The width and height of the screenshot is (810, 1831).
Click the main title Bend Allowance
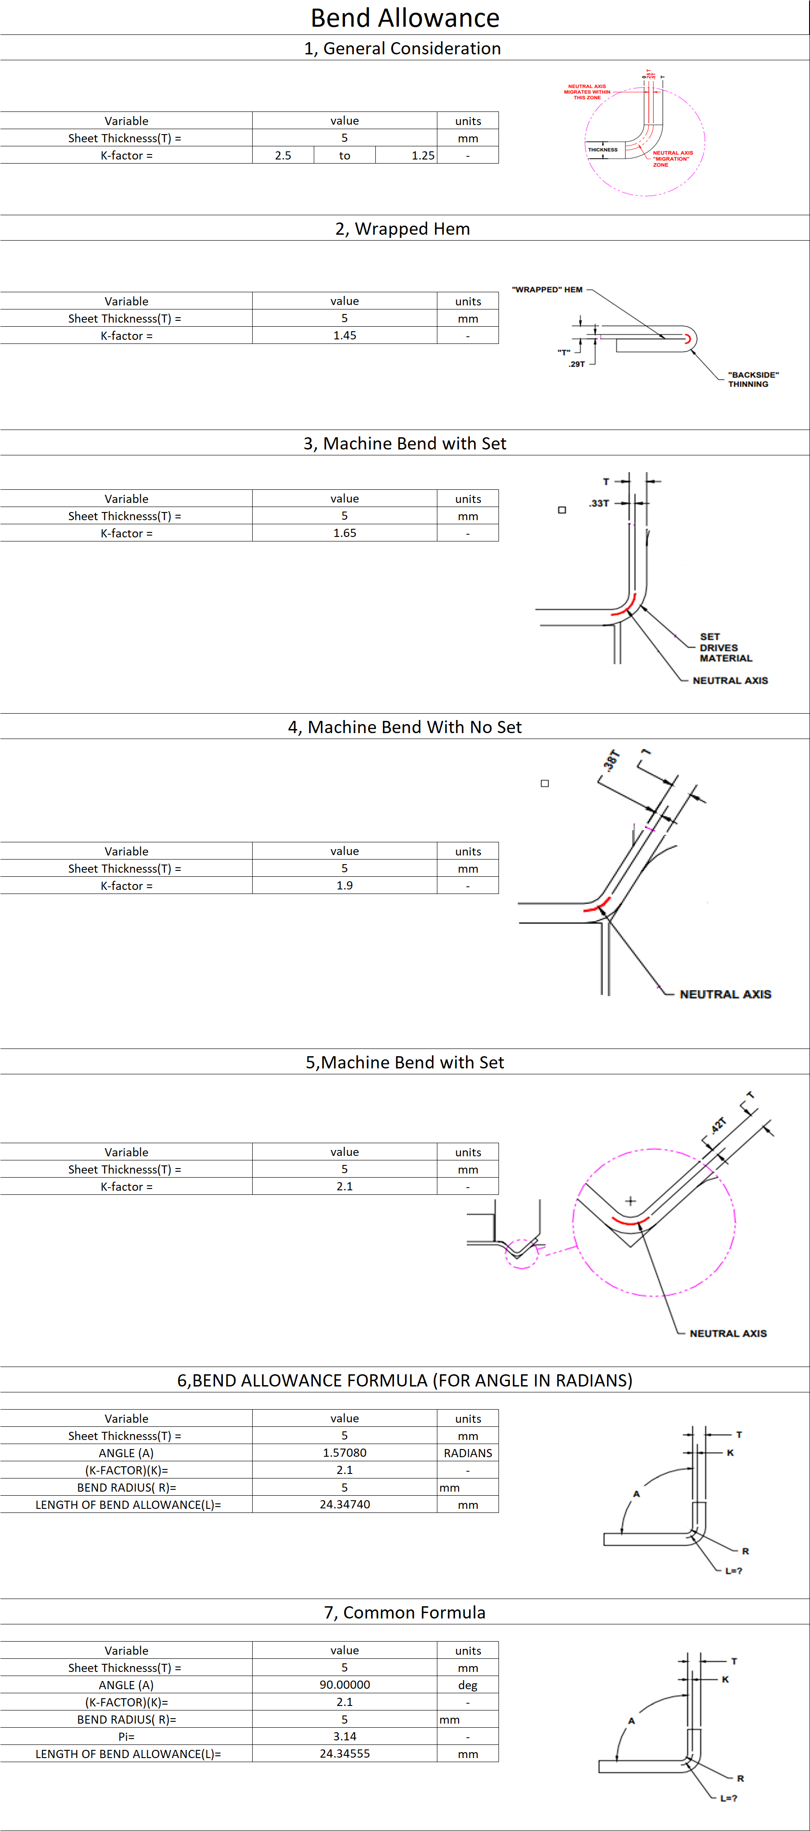tap(405, 18)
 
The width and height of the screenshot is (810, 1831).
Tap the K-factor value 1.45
tap(345, 335)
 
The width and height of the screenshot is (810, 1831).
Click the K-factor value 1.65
tap(345, 533)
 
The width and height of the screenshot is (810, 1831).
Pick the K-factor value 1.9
tap(345, 886)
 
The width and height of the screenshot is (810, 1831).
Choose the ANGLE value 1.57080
tap(345, 1453)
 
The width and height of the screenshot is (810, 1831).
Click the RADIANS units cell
tap(468, 1453)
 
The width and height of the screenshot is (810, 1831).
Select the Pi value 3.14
tap(345, 1736)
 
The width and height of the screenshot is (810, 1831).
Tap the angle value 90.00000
tap(345, 1685)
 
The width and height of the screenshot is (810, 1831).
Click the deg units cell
tap(468, 1685)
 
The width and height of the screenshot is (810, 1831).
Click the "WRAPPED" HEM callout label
tap(547, 290)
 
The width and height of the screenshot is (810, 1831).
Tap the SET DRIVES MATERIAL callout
tap(725, 647)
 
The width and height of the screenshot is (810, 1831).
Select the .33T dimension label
tap(599, 503)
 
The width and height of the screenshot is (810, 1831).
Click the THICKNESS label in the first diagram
tap(603, 150)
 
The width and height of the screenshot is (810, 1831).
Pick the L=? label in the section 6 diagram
tap(733, 1571)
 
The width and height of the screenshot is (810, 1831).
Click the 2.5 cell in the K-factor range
tap(283, 156)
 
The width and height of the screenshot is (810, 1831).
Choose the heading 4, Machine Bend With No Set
tap(404, 727)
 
